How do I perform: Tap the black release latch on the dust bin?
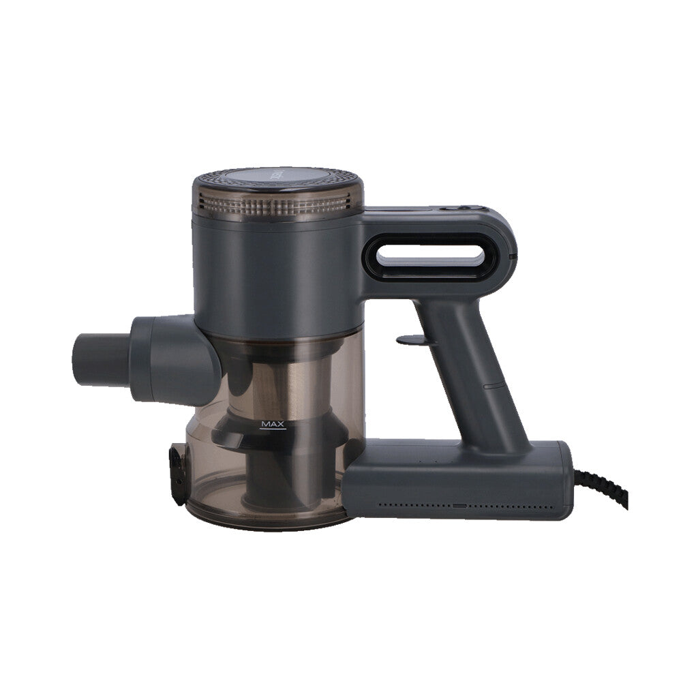point(178,474)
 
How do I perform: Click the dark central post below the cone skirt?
point(273,477)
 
